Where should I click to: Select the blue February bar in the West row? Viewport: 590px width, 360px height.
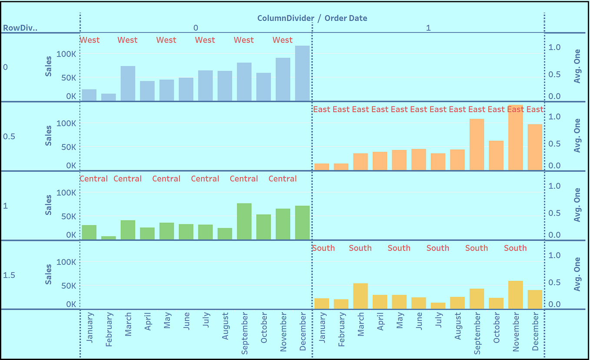tap(109, 97)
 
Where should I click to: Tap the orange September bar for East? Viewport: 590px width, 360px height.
tap(477, 144)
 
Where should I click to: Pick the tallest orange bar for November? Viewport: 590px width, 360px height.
tap(515, 137)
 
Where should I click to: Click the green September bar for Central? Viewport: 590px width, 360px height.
tap(244, 221)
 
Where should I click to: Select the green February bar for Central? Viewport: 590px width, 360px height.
tap(109, 237)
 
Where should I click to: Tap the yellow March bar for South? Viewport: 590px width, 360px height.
tap(361, 296)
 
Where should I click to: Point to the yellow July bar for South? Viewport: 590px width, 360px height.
tap(438, 306)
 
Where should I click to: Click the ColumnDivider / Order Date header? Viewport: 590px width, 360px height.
tap(312, 18)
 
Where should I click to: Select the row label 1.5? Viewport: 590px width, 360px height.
tap(9, 275)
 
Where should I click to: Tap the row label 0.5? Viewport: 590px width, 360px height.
tap(9, 137)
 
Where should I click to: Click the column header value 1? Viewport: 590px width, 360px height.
tap(428, 28)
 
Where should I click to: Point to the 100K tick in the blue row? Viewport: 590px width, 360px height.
tap(68, 54)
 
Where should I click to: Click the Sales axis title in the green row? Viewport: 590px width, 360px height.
tap(49, 205)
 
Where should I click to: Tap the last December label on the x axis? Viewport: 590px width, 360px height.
tap(535, 331)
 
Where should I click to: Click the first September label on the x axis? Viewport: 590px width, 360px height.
tap(244, 333)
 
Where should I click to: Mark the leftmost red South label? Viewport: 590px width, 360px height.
tap(324, 248)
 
